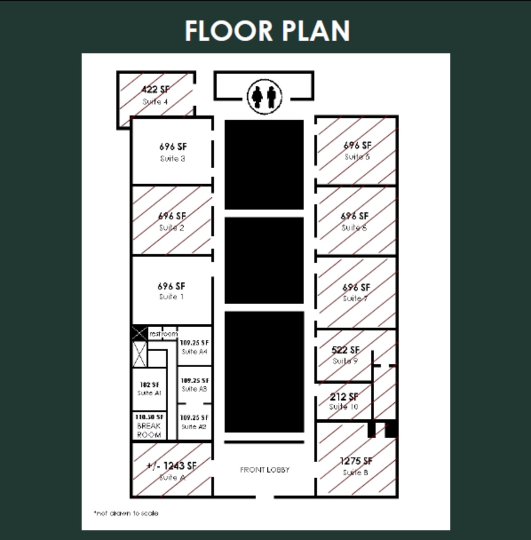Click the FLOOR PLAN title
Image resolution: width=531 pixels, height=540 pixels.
coord(267,31)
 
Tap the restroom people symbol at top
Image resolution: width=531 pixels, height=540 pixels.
coord(265,96)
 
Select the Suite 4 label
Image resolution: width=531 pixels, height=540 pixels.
coord(155,102)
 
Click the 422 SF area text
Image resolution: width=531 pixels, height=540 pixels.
coord(155,89)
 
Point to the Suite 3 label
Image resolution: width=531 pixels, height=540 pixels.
coord(172,159)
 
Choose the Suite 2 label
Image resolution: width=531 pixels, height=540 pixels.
coord(171,228)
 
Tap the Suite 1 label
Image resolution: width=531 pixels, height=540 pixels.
coord(171,297)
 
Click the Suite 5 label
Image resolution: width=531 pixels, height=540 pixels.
coord(357,157)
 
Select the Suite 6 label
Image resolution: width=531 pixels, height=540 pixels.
coord(354,227)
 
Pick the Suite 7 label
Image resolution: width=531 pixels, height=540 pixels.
coord(355,298)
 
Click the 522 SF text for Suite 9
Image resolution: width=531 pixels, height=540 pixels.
coord(345,350)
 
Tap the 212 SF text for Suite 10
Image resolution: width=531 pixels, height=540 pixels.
coord(344,397)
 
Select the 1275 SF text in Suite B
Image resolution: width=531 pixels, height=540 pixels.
coord(356,461)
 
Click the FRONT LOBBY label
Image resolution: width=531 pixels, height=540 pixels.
coord(265,469)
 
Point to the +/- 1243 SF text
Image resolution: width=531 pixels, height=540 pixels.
coord(171,466)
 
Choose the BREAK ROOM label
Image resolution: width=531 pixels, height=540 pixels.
coord(149,430)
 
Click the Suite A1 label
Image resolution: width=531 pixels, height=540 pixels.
coord(149,393)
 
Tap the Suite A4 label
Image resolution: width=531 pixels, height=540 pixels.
coord(194,352)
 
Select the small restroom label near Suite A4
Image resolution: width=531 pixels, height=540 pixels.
coord(163,334)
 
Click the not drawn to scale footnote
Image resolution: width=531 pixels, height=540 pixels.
coord(126,513)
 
